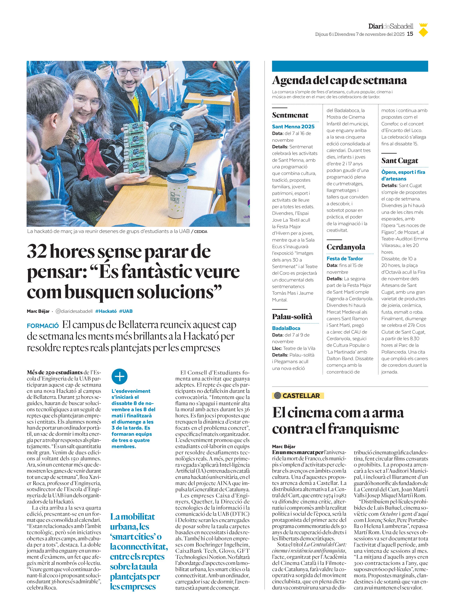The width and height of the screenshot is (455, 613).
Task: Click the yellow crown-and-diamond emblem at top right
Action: point(423,30)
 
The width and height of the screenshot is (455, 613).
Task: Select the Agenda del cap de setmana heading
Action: point(339,80)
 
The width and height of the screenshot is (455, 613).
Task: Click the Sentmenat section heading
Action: point(290,115)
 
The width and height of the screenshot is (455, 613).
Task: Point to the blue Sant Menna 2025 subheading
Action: point(293,127)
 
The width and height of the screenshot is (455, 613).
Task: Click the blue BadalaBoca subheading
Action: point(286,328)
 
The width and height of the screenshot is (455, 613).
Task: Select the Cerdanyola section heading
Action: point(346,247)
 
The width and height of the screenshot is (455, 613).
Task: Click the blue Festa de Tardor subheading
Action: point(345,258)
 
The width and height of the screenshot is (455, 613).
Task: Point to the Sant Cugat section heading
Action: point(399,161)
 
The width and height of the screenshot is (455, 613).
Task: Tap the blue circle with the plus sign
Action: point(120,376)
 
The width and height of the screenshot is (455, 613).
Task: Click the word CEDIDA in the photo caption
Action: point(201,232)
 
